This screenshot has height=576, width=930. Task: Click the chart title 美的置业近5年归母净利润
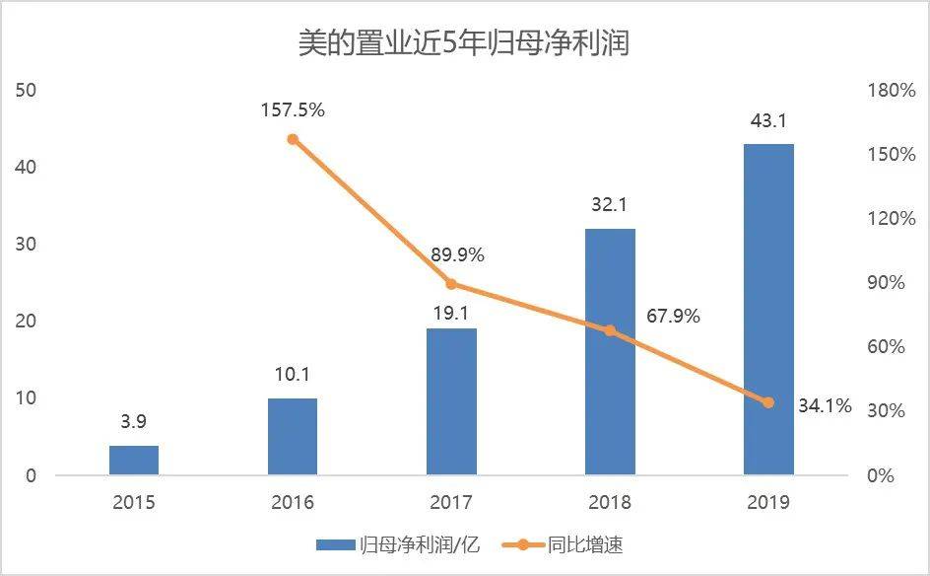(x=464, y=43)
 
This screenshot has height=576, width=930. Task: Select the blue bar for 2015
(x=134, y=461)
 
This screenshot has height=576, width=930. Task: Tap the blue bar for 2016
(x=293, y=437)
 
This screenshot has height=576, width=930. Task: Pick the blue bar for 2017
(x=451, y=401)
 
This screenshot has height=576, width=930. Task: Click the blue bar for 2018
(x=610, y=352)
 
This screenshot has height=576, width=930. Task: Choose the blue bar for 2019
(x=768, y=310)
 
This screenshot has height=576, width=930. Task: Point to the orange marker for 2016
(x=293, y=139)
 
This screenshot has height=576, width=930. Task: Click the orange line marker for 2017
(x=451, y=284)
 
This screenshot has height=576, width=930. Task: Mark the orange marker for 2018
(x=610, y=330)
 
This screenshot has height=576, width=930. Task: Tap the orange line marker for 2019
(x=768, y=402)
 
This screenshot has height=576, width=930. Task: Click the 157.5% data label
(x=293, y=109)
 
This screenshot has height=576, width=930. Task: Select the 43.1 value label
(x=768, y=122)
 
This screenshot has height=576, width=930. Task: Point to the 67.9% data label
(x=674, y=317)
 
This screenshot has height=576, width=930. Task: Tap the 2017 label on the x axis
(x=451, y=503)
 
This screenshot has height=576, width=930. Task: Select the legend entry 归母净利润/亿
(x=398, y=544)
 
